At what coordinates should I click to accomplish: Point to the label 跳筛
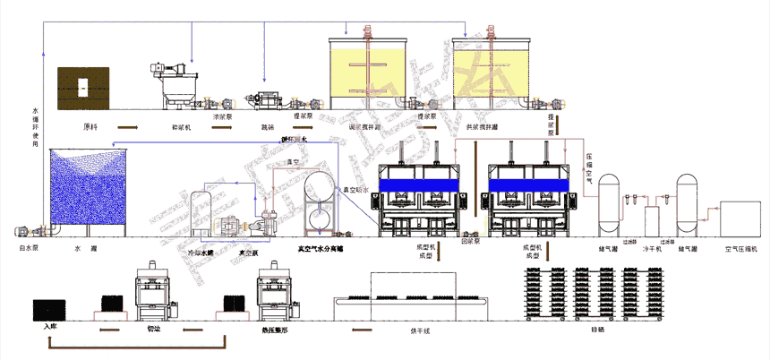pos(266,127)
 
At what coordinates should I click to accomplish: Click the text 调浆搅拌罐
pos(364,127)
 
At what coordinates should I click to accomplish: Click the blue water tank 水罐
pos(89,193)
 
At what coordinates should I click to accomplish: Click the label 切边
pos(153,329)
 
